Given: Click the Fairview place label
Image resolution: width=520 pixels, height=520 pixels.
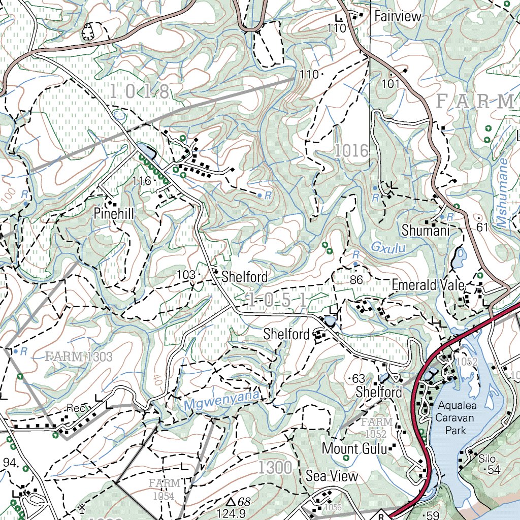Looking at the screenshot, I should pyautogui.click(x=398, y=16).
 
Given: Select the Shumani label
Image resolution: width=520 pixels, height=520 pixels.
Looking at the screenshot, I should pyautogui.click(x=426, y=231).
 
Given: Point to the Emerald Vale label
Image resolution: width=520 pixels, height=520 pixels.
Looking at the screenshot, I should pyautogui.click(x=428, y=285).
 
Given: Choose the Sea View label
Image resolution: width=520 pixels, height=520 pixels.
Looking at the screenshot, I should pyautogui.click(x=332, y=476).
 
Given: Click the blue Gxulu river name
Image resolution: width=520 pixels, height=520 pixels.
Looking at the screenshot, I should pyautogui.click(x=386, y=247).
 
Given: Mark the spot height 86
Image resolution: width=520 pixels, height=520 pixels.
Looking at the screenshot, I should pyautogui.click(x=356, y=279).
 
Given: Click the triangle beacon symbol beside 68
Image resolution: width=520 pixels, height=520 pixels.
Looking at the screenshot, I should pyautogui.click(x=231, y=502).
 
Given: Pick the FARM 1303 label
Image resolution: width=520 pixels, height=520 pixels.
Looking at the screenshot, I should pyautogui.click(x=79, y=356).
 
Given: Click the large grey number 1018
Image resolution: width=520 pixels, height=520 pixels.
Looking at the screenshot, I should pyautogui.click(x=139, y=92).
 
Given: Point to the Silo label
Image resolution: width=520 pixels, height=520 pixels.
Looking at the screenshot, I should pyautogui.click(x=486, y=459).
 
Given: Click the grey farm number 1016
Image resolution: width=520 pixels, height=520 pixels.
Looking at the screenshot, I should pyautogui.click(x=351, y=151).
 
